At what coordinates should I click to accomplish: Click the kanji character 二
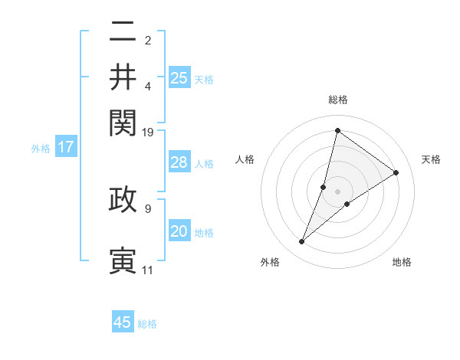pos(123,33)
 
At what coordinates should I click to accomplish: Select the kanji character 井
pos(123,78)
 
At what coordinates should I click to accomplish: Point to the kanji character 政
pos(123,199)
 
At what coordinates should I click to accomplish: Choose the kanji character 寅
pos(123,259)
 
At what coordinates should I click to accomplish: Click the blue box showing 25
pos(179,77)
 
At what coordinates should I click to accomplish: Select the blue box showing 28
pos(179,162)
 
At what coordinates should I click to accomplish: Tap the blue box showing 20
pos(179,231)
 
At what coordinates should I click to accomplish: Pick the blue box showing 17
pos(66,147)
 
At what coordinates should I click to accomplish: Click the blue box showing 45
pos(123,322)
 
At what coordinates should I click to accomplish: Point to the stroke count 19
pos(149,132)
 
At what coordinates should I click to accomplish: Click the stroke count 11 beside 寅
pos(147,270)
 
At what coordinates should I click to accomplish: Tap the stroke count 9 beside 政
pos(147,208)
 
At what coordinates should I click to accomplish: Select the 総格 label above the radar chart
pos(338,100)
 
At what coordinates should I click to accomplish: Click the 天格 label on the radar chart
pos(431,159)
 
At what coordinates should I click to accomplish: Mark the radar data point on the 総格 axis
pos(337,130)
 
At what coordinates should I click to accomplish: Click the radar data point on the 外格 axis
pos(302,242)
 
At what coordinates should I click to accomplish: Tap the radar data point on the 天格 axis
pos(396,172)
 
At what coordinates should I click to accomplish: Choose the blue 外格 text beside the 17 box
pos(41,149)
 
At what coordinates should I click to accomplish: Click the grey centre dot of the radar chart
pos(338,191)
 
